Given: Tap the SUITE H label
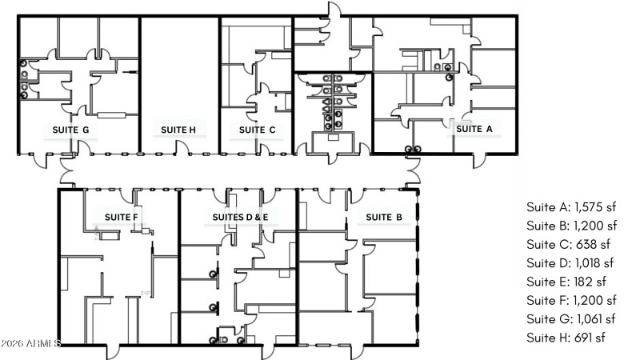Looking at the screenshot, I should [x=178, y=130].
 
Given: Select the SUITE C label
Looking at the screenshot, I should [x=258, y=130].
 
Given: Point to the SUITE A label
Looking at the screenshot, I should [x=474, y=128].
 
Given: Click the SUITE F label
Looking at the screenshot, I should [x=122, y=217].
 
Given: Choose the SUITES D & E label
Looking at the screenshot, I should [x=240, y=217].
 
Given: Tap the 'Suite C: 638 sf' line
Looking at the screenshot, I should [x=568, y=244].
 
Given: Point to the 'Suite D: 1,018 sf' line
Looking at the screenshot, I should [x=570, y=262].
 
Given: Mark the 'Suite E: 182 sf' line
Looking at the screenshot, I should [x=567, y=281].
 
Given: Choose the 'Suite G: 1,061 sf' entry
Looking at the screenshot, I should [x=571, y=318].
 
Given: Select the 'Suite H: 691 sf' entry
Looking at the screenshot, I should [x=566, y=338].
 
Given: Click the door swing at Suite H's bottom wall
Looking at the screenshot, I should [x=183, y=147].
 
